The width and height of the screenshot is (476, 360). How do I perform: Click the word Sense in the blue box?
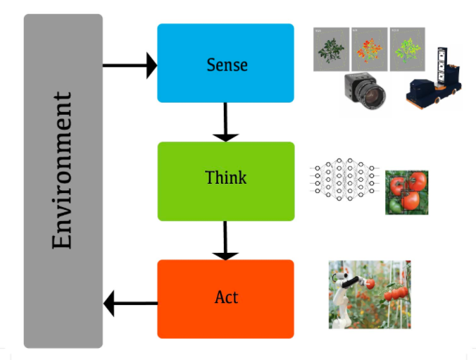click(227, 64)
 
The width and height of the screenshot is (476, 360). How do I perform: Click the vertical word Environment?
click(63, 170)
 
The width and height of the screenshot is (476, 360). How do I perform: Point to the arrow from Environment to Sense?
click(130, 66)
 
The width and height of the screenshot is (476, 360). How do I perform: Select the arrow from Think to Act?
click(225, 240)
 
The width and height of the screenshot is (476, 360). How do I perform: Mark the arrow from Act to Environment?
click(130, 304)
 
